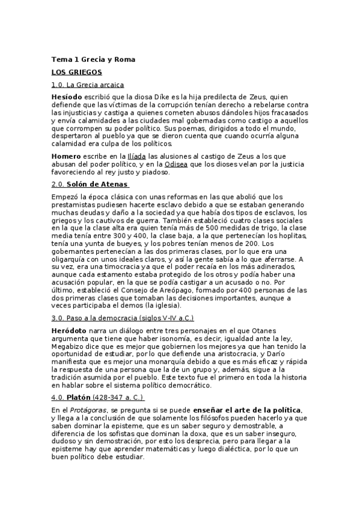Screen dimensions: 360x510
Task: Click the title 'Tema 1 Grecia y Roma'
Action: pos(93,60)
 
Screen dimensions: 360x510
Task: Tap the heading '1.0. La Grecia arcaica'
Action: pos(88,85)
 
